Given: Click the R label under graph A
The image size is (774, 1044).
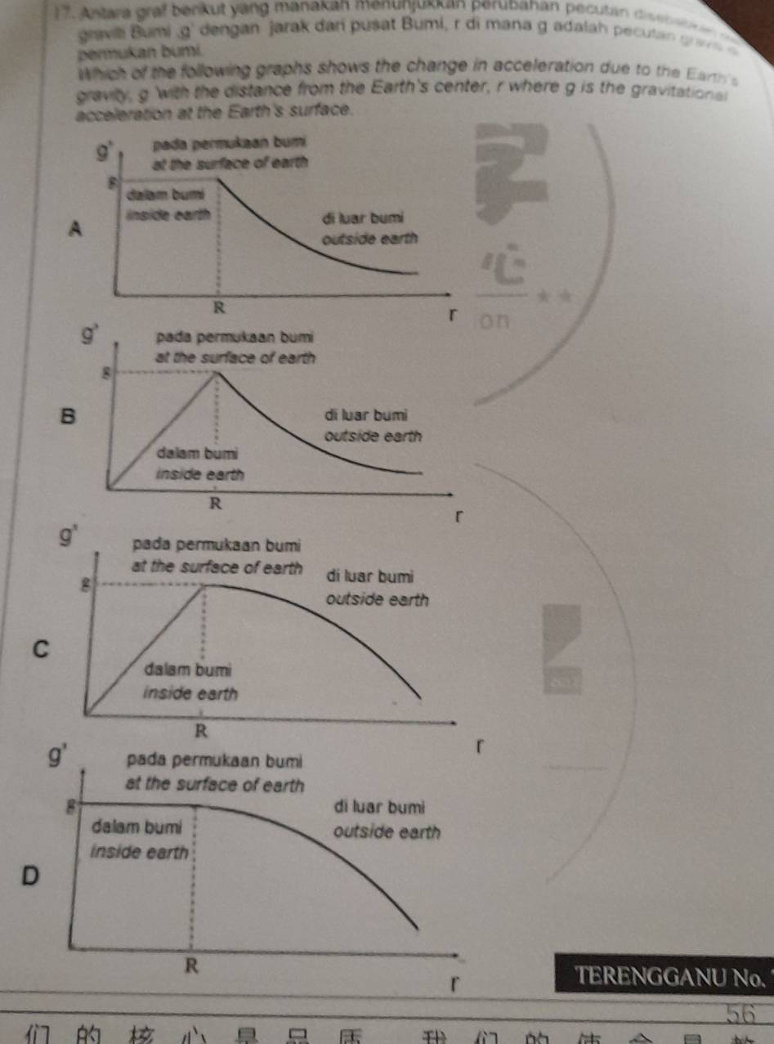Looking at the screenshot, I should (x=217, y=307).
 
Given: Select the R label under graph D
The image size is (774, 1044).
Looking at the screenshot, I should (x=191, y=965).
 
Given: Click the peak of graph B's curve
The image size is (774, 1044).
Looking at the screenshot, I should (x=217, y=374).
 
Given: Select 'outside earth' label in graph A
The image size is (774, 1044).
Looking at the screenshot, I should (x=370, y=240).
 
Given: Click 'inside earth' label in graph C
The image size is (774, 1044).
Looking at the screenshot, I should (x=190, y=693).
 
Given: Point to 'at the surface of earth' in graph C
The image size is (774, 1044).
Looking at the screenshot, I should (x=215, y=569).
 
